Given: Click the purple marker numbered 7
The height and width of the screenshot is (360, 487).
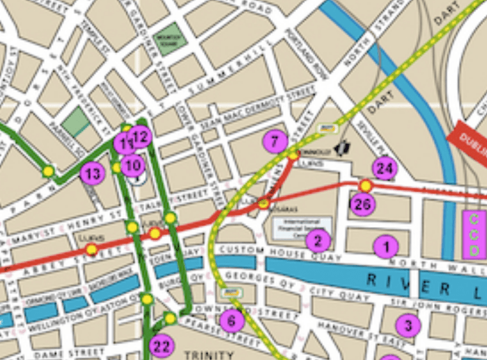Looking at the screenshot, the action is [x=275, y=141].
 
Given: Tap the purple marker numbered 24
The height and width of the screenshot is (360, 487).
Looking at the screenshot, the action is [x=385, y=169].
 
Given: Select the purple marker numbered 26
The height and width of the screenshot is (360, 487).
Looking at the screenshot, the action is [x=362, y=205].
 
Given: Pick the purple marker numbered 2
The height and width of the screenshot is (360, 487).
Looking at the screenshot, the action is [x=318, y=240].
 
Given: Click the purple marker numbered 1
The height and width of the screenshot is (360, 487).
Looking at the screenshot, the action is [x=385, y=246].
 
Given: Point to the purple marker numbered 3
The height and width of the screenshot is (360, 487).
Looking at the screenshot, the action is [x=409, y=325].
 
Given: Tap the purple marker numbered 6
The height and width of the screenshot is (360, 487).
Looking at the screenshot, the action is [x=231, y=320].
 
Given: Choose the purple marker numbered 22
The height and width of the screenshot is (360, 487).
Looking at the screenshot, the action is [x=161, y=347].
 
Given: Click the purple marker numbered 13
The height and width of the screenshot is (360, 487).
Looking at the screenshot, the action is [x=92, y=173].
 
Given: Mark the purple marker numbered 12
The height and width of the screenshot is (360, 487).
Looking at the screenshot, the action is [x=140, y=136].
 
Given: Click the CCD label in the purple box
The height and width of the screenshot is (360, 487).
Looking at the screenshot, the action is [x=474, y=235].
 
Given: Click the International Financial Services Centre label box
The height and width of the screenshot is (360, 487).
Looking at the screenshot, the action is [x=302, y=226].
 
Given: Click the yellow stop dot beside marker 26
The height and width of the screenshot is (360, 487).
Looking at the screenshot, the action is [x=366, y=185].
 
